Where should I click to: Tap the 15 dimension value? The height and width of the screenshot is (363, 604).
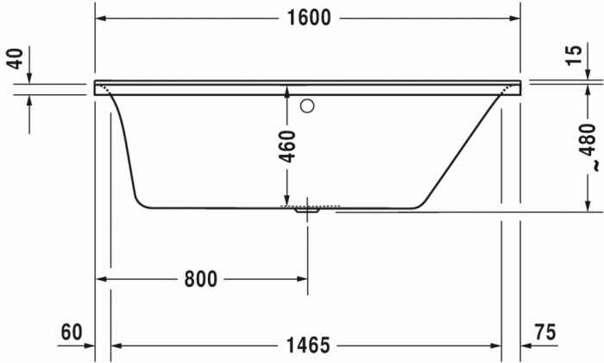[x=573, y=55]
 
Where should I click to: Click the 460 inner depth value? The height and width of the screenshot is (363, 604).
[x=287, y=146]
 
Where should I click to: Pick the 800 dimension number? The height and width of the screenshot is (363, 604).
[x=200, y=278]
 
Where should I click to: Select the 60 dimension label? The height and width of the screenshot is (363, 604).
[x=72, y=332]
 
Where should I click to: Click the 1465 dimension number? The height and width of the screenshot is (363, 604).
[x=307, y=346]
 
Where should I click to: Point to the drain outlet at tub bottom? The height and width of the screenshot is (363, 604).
[x=307, y=210]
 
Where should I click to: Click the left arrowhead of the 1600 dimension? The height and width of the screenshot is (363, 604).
[x=100, y=18]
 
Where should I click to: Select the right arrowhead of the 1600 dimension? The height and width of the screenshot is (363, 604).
[x=515, y=18]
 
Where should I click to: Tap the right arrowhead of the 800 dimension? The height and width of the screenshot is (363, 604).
[x=302, y=278]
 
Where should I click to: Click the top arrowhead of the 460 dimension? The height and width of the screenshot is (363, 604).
[x=287, y=89]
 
